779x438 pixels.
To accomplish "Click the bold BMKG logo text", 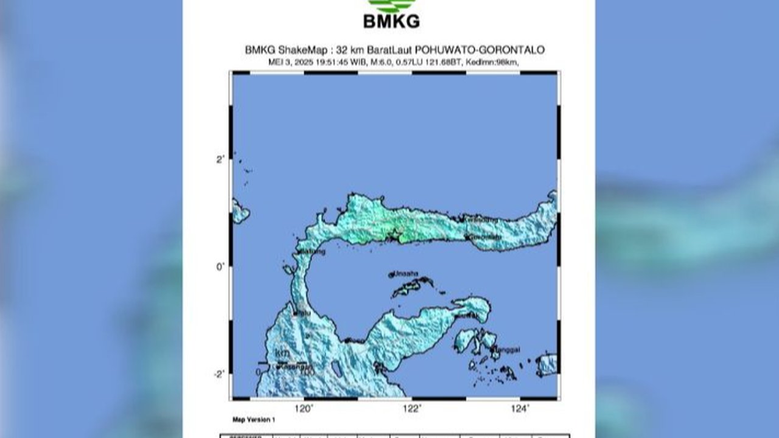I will point(391,21).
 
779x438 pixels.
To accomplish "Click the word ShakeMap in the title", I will point(296,50).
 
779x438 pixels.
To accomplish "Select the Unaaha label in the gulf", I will point(406,274).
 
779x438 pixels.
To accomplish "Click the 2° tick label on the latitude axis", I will point(220,159).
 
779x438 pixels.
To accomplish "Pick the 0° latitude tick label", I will point(220,266).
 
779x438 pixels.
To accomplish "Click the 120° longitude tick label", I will point(304,408).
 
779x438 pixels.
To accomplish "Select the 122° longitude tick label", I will point(412,408).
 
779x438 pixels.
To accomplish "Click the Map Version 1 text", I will point(254,420).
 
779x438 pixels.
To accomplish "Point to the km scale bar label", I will point(282,353).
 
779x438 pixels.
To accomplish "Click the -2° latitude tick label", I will point(219,374).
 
